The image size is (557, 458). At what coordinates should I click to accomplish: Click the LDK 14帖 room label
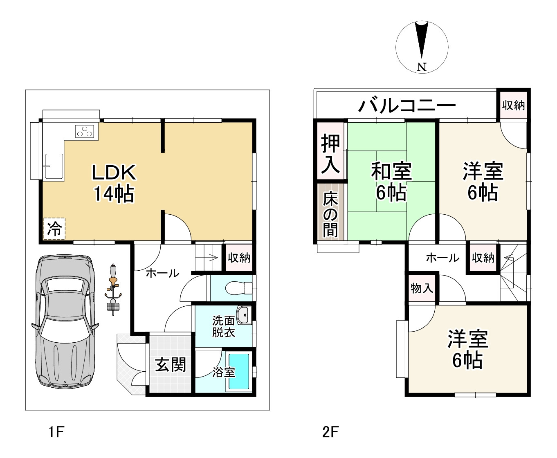click(114, 183)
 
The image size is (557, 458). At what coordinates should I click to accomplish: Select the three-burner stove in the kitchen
click(86, 131)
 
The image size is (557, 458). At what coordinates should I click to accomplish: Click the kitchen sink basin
click(54, 166)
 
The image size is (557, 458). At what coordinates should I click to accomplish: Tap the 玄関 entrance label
click(171, 364)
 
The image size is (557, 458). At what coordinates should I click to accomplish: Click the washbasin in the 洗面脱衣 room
click(244, 315)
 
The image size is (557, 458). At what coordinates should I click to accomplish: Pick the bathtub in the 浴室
click(238, 372)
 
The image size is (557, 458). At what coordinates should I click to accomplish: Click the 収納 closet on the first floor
click(239, 258)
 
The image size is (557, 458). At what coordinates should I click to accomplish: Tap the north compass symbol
click(422, 47)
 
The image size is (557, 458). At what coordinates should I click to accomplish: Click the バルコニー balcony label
click(407, 106)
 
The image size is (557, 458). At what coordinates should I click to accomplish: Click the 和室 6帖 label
click(391, 182)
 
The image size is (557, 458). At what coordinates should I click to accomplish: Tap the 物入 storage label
click(422, 288)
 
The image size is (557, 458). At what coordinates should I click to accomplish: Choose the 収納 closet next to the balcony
click(513, 106)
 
